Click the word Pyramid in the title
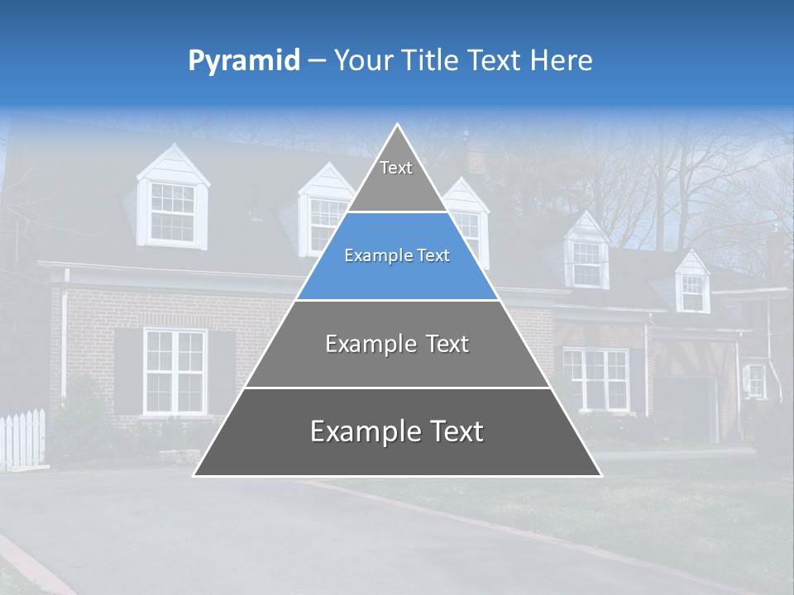(x=243, y=61)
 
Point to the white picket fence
(x=22, y=438)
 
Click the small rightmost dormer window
(x=692, y=291)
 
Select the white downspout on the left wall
(x=65, y=339)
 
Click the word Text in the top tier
(x=396, y=168)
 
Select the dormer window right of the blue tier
(x=586, y=263)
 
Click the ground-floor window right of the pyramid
(x=595, y=378)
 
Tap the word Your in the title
(x=362, y=60)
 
